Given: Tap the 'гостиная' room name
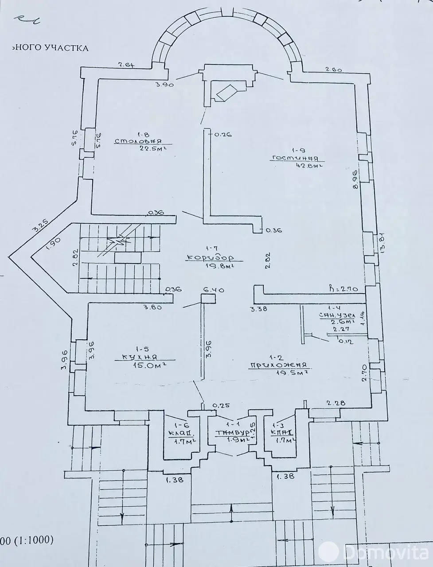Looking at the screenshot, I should [x=297, y=158].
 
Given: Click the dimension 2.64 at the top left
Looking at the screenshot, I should [x=126, y=65].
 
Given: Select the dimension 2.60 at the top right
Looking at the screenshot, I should [x=334, y=69].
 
